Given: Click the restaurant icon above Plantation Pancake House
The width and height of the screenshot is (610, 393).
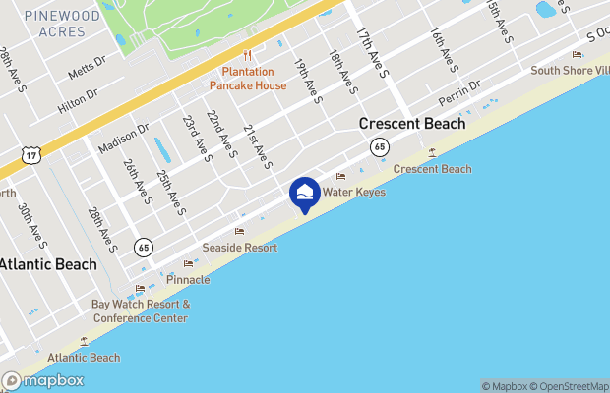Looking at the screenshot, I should [x=248, y=56].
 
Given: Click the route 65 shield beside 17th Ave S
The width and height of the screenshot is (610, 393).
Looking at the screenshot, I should [x=379, y=146].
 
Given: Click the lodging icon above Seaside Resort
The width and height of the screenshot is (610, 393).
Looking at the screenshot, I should [x=239, y=232].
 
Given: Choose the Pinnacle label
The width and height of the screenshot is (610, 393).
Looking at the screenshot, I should [x=187, y=280].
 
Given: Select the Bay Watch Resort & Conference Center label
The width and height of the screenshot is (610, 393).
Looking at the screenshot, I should [x=140, y=311].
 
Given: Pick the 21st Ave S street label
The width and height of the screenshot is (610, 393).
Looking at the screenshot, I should [x=257, y=145].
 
